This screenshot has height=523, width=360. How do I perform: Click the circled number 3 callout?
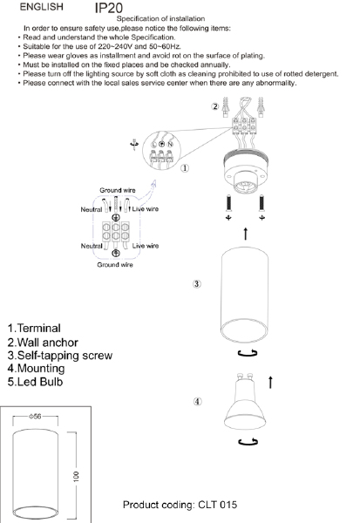point(198,284)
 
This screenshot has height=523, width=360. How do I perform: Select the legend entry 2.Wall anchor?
point(42,342)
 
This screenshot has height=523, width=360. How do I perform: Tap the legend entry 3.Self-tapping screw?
point(58,356)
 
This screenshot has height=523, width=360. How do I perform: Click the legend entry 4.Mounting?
point(36,369)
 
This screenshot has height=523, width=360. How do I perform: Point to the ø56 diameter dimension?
point(36,418)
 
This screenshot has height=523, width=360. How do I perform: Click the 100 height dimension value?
point(77,476)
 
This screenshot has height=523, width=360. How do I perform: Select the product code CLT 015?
point(180,505)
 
